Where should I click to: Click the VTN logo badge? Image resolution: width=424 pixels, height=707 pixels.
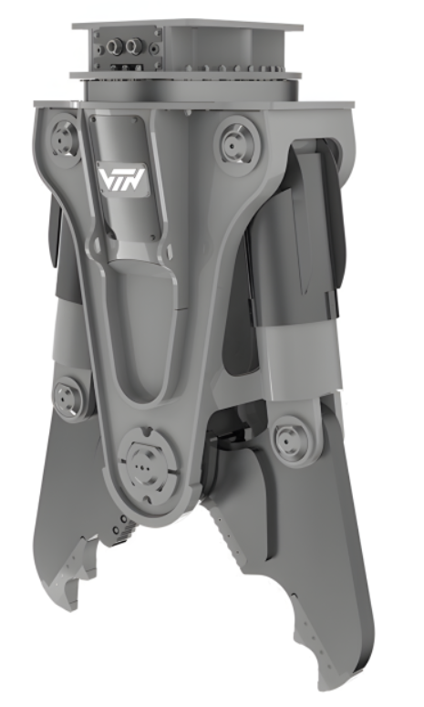[x=121, y=180]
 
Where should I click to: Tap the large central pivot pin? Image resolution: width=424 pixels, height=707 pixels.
[x=144, y=464]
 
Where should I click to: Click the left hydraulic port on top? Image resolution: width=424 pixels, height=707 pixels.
[x=113, y=46]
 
